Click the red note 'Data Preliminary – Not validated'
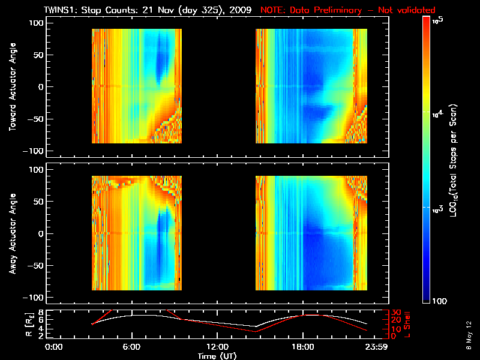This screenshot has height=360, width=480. pos(348,10)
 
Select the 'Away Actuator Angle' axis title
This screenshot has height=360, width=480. pos(13,233)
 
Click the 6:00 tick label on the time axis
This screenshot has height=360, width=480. pos(131,347)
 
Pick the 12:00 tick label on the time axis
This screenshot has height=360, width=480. pos(217,347)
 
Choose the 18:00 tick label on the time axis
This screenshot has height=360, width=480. pos(302,347)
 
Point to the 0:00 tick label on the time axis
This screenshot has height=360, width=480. pos(54,347)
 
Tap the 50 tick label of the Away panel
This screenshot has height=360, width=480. pos(38,202)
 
